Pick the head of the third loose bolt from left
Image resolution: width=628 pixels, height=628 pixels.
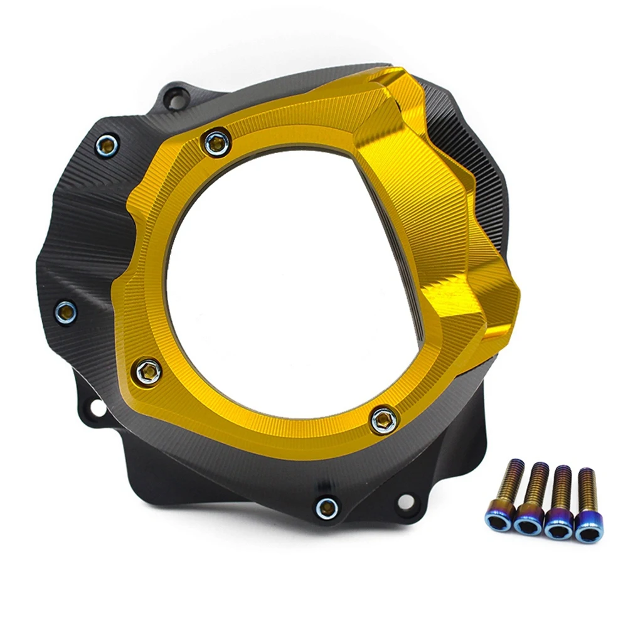pos(558,526)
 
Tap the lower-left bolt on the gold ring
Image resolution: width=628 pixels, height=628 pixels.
pos(148,371)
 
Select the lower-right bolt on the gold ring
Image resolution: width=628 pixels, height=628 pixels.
pos(383,419)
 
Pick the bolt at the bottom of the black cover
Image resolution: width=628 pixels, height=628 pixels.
pos(327,506)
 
